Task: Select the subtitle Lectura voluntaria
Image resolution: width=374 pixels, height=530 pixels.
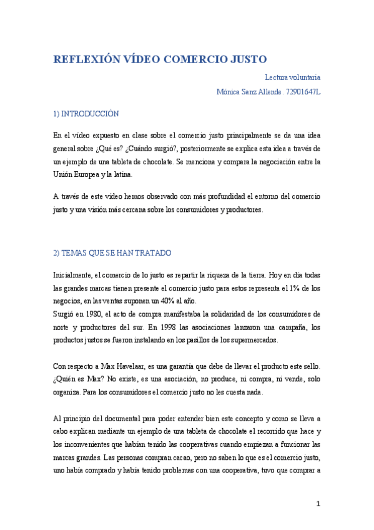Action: [292, 77]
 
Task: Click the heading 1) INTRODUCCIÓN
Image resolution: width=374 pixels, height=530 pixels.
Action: [86, 114]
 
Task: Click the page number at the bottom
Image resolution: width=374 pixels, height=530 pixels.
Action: [318, 504]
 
